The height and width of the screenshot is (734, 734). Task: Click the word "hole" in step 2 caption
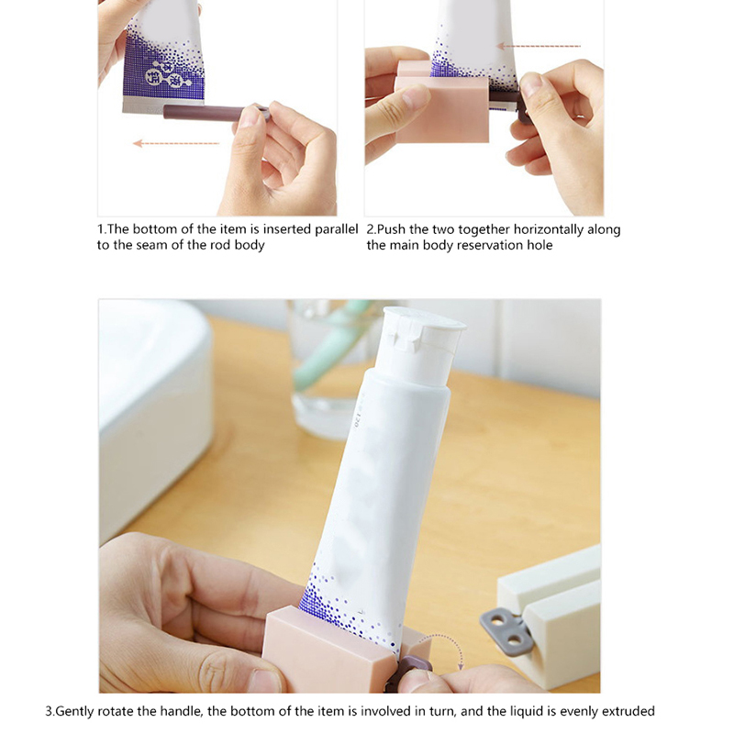(x=539, y=245)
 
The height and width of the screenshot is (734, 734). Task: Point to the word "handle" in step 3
(x=182, y=711)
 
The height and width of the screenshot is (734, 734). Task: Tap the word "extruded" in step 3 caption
(x=628, y=711)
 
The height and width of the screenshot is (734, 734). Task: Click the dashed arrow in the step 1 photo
(x=176, y=143)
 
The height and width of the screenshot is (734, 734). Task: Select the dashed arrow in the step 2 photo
(x=539, y=46)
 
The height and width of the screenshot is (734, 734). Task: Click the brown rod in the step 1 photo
(x=217, y=113)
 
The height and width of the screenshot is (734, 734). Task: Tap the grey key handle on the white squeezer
(x=506, y=630)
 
